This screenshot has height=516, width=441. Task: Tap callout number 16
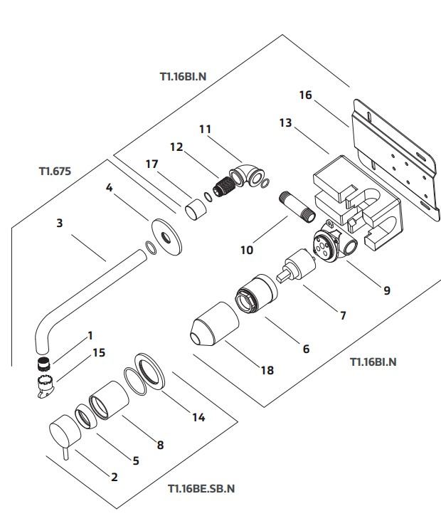(x=306, y=95)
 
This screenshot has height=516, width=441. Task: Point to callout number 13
(x=285, y=123)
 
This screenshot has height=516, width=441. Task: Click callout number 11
(x=206, y=130)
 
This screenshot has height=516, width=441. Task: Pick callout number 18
(x=267, y=370)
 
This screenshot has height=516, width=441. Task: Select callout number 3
(x=60, y=223)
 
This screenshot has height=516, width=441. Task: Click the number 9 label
(x=387, y=290)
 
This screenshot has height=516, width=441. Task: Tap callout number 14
(x=198, y=417)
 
